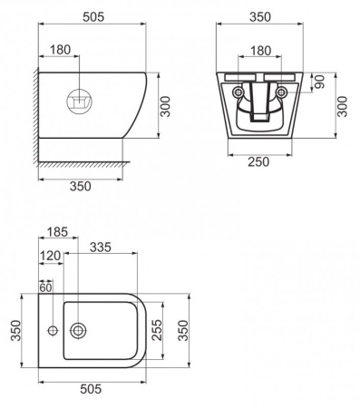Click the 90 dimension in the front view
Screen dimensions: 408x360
point(319,81)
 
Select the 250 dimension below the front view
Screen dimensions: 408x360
point(260,160)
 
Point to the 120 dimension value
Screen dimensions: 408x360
point(50,257)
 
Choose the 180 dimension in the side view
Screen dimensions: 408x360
point(60,50)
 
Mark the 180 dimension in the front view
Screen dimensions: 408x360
point(259,50)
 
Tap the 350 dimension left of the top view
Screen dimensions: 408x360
point(15,331)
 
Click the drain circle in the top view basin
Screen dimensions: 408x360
point(79,330)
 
